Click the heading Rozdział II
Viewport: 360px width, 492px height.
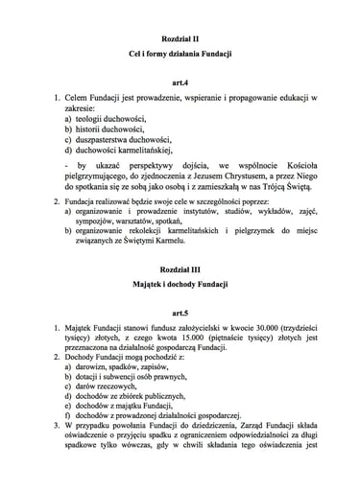tap(179, 31)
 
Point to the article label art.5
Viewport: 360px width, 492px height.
tap(179, 315)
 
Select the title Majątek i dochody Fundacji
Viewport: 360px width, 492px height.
tap(179, 289)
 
